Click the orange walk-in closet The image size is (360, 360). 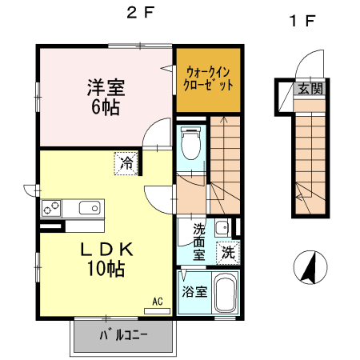(208, 78)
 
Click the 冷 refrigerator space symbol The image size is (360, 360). (126, 162)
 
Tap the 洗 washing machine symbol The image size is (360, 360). (228, 253)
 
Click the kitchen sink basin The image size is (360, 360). (89, 209)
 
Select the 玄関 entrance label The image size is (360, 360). (310, 88)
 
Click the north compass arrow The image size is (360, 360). (309, 267)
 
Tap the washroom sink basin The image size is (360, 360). (222, 226)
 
